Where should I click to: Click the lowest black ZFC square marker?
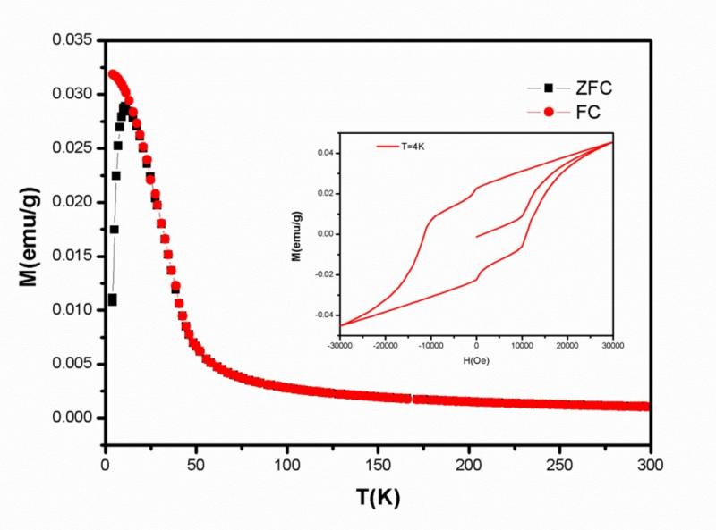(112, 299)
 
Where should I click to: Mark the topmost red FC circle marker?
(113, 73)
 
